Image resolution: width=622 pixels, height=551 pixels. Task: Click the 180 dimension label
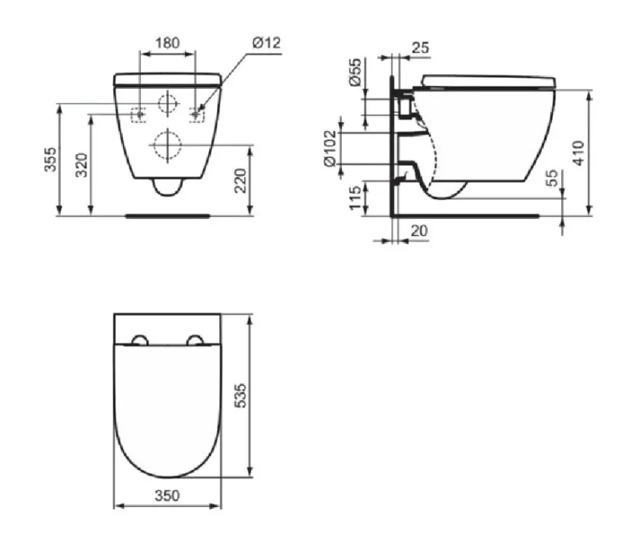point(167,43)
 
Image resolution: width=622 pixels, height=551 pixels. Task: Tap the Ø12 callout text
point(266,43)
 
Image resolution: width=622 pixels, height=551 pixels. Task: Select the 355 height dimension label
point(51,160)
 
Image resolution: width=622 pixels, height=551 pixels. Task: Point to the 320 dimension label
point(81,165)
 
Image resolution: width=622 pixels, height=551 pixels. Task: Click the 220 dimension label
point(240,181)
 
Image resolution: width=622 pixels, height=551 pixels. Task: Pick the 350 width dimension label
point(167,496)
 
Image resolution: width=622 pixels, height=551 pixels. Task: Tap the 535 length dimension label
point(240,395)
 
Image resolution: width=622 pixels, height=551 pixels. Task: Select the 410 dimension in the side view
point(578,153)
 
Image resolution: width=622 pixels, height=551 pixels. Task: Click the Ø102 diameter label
point(330,149)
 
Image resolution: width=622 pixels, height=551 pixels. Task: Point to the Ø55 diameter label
point(355,72)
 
